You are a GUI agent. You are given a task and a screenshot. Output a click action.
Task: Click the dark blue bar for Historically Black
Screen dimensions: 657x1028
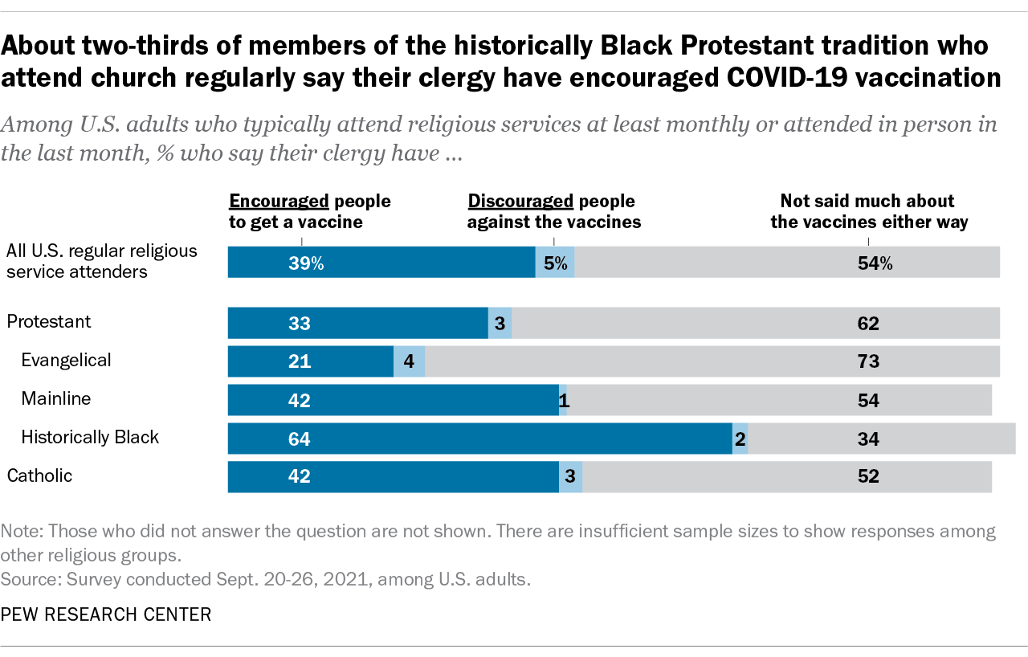click(480, 439)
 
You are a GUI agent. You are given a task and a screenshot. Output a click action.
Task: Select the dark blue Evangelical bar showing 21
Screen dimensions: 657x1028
click(311, 361)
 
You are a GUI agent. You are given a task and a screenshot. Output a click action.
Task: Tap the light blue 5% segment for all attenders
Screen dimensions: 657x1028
click(555, 263)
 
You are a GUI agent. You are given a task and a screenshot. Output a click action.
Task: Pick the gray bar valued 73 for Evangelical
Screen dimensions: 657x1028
click(712, 361)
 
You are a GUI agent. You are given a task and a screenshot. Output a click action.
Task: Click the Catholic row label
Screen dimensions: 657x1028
click(39, 475)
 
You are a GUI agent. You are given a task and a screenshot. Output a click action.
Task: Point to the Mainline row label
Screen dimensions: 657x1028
click(56, 398)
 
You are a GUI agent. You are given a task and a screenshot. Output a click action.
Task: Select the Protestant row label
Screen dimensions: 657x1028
click(49, 321)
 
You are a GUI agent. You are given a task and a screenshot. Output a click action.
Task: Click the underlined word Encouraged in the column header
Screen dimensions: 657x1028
click(279, 201)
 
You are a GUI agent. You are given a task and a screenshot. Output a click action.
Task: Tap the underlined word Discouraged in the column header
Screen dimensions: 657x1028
click(520, 201)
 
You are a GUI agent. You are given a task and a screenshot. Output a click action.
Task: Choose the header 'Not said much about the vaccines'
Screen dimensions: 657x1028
click(869, 211)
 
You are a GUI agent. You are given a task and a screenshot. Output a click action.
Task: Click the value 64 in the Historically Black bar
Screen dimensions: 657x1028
click(300, 439)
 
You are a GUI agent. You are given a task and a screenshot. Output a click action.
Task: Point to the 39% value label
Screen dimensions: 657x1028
click(306, 263)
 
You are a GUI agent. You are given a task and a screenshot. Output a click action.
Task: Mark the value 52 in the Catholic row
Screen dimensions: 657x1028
click(868, 476)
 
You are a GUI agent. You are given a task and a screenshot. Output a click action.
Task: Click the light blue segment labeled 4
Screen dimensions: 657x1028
click(409, 361)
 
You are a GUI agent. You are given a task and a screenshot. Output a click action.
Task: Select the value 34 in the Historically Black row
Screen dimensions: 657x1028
click(868, 439)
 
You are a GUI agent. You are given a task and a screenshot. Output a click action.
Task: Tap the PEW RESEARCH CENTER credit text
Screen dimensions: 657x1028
click(106, 615)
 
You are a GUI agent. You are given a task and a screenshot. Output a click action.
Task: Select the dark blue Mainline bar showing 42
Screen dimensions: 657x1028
click(394, 400)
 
